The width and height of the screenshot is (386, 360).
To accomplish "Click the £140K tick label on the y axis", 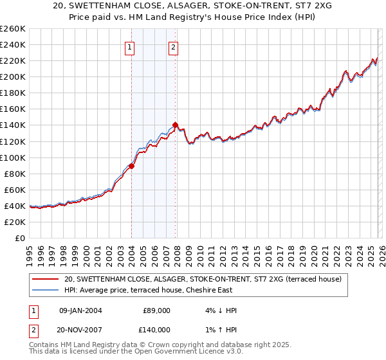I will (x=13, y=125).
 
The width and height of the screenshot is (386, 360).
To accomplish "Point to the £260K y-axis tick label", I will (x=13, y=29).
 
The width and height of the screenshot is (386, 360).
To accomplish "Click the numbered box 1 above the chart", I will (x=131, y=46).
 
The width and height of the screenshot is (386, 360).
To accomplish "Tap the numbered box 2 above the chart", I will (x=174, y=46).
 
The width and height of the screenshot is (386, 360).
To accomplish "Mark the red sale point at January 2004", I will (x=131, y=166).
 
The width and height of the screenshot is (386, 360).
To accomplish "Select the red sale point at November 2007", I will (x=175, y=125).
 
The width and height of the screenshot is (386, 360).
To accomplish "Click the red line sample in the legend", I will (x=45, y=280).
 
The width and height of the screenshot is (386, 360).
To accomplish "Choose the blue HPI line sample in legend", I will (x=45, y=291).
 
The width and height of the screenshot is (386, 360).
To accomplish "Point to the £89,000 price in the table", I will (x=156, y=310).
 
